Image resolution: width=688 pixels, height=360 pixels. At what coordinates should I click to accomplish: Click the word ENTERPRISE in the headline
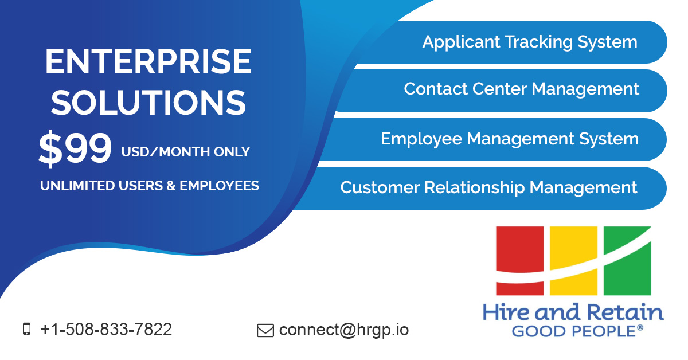[x=148, y=62]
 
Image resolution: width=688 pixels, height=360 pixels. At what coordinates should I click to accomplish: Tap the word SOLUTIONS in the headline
[x=149, y=103]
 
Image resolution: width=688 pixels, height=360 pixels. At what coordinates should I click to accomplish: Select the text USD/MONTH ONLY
[x=185, y=152]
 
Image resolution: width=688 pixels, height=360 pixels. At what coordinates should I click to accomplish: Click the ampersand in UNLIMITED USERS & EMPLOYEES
[x=171, y=186]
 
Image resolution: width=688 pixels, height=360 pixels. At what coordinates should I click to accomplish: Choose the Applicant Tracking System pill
[x=529, y=42]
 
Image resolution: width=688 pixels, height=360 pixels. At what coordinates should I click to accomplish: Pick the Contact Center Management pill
[x=521, y=89]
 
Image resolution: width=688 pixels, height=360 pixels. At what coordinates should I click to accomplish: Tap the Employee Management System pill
[x=509, y=139]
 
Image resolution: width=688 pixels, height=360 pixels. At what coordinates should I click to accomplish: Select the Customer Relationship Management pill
[x=488, y=188]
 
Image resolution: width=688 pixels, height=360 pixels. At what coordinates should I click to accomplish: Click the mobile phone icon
[x=26, y=329]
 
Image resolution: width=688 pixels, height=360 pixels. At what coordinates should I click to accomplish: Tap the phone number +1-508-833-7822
[x=106, y=330]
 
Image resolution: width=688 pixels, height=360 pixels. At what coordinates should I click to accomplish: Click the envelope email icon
[x=265, y=330]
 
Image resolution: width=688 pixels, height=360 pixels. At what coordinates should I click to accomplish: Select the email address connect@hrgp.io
[x=344, y=330]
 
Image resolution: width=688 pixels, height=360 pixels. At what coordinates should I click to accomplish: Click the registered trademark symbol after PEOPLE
[x=640, y=328]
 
